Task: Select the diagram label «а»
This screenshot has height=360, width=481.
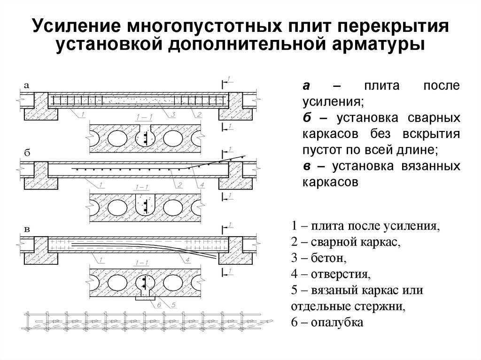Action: tap(27, 85)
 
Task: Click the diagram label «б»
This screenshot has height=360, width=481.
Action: tap(27, 153)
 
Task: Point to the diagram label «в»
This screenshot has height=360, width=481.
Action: tap(27, 229)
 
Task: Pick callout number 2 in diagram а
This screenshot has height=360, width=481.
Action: tap(199, 115)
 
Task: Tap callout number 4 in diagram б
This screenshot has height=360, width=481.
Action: tap(202, 184)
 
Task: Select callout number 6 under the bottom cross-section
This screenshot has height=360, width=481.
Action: tap(159, 305)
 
